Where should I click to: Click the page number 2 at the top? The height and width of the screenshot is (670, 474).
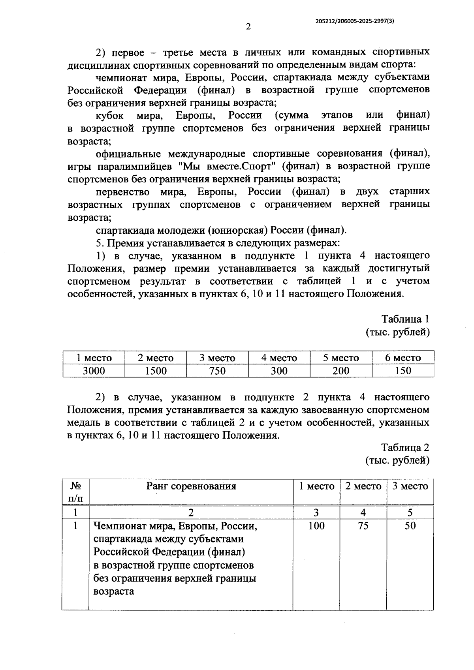(x=248, y=27)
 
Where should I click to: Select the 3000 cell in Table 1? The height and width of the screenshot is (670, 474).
(x=94, y=371)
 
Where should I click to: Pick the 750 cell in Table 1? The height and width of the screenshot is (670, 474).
(x=217, y=371)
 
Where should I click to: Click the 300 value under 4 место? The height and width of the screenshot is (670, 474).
(x=279, y=371)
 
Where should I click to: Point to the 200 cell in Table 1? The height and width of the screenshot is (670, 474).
(x=341, y=371)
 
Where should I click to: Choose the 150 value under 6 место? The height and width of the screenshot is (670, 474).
(x=403, y=371)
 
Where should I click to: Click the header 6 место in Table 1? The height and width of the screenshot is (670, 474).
(x=403, y=358)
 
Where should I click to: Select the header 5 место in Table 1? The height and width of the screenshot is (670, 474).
(x=341, y=358)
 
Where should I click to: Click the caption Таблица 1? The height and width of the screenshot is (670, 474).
(x=405, y=319)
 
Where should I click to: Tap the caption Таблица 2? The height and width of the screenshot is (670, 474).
(x=405, y=447)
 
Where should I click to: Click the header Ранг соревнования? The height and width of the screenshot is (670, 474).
(x=191, y=486)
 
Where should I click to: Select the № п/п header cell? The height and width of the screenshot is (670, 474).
(x=75, y=492)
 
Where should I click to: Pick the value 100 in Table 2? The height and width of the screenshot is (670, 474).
(x=316, y=526)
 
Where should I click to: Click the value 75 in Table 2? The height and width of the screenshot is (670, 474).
(x=363, y=526)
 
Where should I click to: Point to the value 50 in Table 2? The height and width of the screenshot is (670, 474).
(x=410, y=526)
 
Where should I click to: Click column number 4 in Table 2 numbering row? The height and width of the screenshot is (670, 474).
(x=363, y=512)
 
